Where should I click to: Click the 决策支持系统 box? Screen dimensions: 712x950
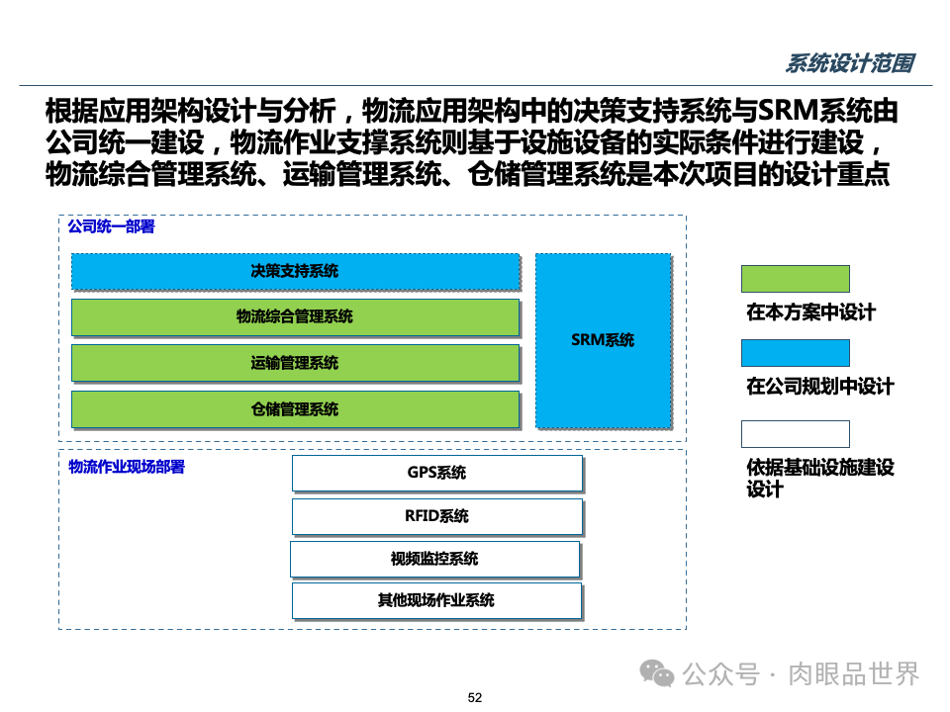coord(295,272)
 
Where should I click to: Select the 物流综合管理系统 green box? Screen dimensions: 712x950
coord(295,317)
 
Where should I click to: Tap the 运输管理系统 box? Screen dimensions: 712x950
coord(295,363)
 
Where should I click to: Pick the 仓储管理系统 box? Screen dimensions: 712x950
coord(295,409)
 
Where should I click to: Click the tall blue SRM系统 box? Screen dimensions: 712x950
coord(603,341)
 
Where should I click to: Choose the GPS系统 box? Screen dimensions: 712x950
coord(436,473)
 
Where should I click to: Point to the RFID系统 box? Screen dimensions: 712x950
coord(436,516)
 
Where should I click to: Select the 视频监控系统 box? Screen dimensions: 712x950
coord(434,559)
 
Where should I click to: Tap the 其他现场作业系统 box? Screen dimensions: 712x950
coord(436,600)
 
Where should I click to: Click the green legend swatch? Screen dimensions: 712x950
coord(796,279)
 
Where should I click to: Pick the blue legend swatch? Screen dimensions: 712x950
coord(796,353)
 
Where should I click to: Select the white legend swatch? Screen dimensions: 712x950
coord(796,434)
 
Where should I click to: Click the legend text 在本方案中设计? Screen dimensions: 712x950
coord(811,312)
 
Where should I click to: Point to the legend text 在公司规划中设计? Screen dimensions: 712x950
coord(820,387)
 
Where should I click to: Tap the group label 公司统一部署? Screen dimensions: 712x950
coord(111,227)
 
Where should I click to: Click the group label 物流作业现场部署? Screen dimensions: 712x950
coord(126,468)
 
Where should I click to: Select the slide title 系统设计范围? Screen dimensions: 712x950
coord(849,64)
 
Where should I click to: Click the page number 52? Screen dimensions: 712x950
coord(474,697)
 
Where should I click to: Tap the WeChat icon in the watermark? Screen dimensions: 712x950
coord(656,673)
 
